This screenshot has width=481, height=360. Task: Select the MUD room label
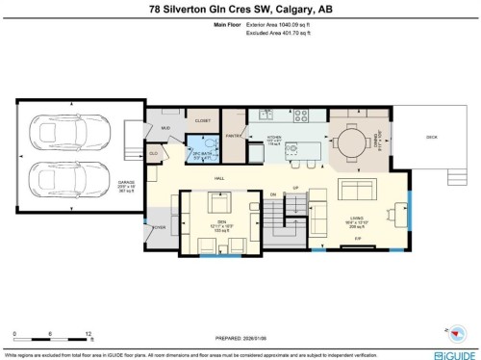(x=165, y=128)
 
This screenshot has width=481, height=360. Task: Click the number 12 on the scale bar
(x=89, y=333)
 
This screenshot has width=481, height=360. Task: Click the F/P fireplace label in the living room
(x=357, y=239)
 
